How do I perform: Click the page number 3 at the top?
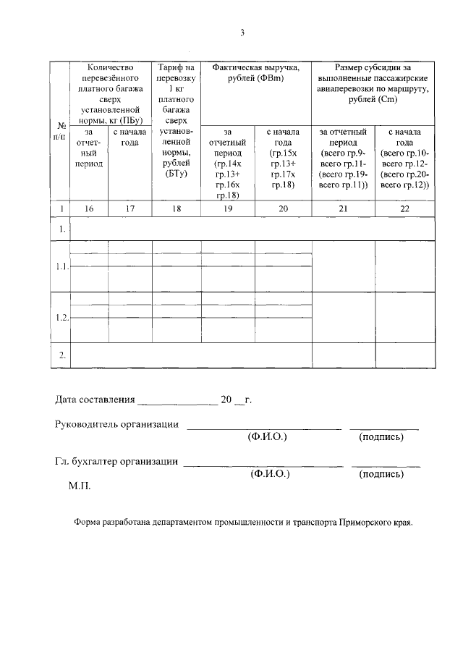click(x=242, y=33)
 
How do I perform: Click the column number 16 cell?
click(x=89, y=208)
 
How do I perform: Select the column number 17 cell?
click(x=129, y=208)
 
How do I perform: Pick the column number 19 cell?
click(x=227, y=208)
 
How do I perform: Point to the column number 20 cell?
click(x=283, y=208)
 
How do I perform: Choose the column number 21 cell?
click(x=343, y=208)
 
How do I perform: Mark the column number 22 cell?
click(x=404, y=208)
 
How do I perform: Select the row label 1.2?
click(x=61, y=318)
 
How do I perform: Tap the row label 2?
click(x=61, y=355)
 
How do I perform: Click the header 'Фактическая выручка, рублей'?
click(x=255, y=72)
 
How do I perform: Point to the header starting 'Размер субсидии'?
click(x=373, y=83)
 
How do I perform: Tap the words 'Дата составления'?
click(x=95, y=400)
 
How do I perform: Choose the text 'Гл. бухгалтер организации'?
click(x=116, y=461)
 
